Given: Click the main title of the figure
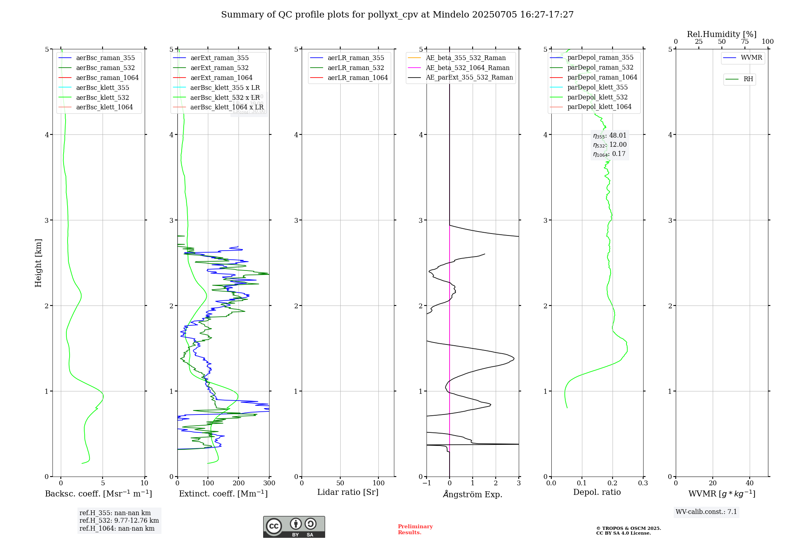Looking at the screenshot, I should (397, 15).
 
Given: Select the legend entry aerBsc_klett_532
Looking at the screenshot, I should (102, 97).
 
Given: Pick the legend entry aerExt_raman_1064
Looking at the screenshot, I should (221, 78).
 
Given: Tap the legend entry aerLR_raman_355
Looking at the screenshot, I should (355, 58).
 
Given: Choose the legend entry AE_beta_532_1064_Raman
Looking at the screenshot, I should (467, 68).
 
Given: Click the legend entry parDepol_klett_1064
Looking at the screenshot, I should (599, 107).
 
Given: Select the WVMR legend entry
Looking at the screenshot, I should (751, 58).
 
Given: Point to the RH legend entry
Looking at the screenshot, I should (748, 79).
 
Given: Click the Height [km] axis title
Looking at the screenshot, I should (38, 263).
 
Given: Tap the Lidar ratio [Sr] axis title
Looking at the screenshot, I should (348, 492).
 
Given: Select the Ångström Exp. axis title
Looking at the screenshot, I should (473, 494).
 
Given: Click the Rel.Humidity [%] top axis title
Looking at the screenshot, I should (721, 34).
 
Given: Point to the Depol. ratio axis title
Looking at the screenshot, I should (597, 492).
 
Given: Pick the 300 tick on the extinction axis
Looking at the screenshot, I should (269, 483).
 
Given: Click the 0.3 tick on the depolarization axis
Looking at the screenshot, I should (643, 483).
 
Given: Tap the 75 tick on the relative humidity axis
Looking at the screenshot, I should (745, 42).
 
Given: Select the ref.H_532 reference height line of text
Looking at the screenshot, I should (119, 520).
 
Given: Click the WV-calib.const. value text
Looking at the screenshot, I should (706, 512).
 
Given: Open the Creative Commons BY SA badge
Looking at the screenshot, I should (294, 527).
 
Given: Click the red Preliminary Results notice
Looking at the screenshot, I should (415, 529).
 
